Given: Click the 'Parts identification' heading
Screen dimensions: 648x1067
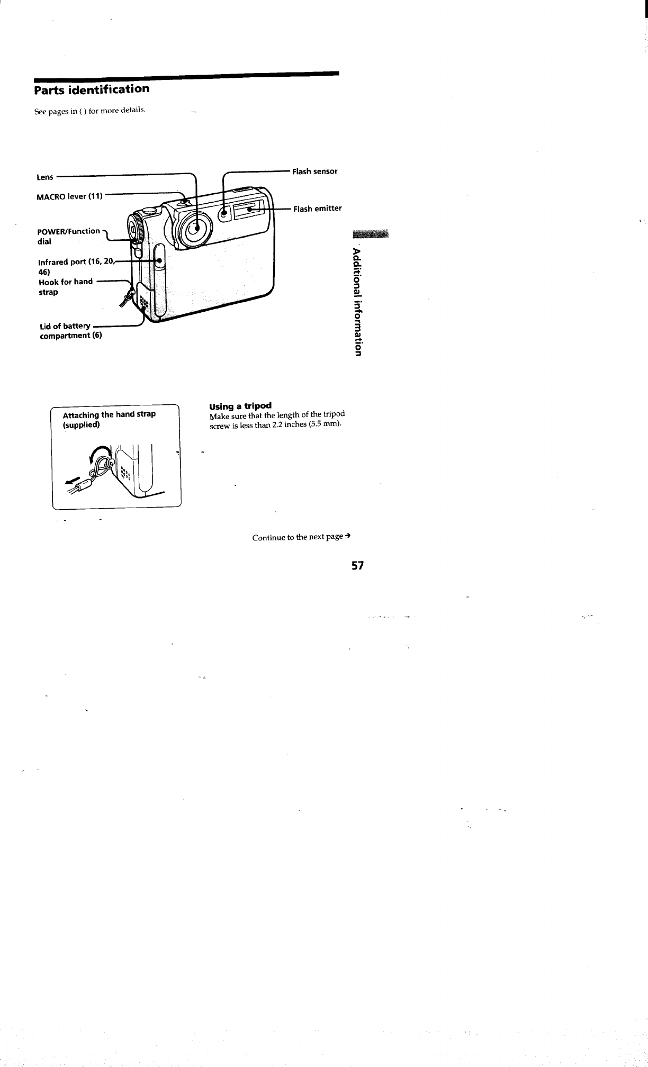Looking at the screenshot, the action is tap(92, 89).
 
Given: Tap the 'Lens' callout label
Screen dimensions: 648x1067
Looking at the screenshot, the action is tap(45, 177).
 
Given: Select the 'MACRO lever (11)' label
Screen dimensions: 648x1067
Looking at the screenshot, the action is tap(69, 197).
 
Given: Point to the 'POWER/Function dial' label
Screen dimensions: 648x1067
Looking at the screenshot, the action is tap(68, 236).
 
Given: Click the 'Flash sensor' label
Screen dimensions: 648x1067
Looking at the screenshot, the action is tap(315, 171).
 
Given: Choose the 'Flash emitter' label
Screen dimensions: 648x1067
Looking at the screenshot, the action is tap(318, 209).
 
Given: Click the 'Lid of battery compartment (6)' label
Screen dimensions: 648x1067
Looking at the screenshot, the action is tap(71, 331).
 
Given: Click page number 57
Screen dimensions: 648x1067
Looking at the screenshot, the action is tap(358, 566).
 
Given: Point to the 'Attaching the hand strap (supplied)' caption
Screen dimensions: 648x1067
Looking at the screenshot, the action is tap(109, 419).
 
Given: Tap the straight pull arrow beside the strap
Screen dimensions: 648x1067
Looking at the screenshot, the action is tap(72, 482).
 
